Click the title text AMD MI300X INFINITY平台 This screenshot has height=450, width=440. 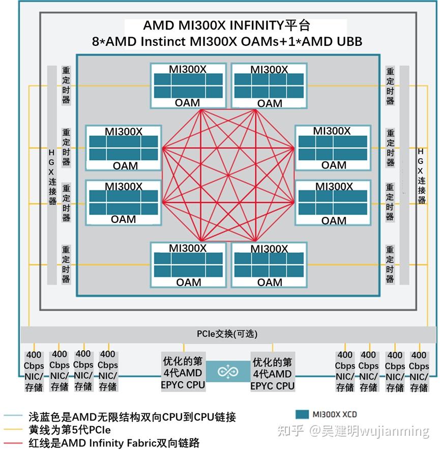tap(226, 25)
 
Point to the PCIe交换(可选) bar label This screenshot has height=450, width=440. tap(227, 334)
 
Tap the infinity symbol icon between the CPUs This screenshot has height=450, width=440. tap(228, 372)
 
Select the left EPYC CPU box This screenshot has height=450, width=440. tap(183, 373)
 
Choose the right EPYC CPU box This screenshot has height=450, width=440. tap(272, 374)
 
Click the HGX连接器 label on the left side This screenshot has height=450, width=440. tap(52, 177)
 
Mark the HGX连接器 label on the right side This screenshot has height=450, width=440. tap(421, 176)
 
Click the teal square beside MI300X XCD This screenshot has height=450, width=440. tap(302, 414)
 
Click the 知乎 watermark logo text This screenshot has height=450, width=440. tap(290, 431)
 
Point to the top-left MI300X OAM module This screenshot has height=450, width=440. tap(188, 85)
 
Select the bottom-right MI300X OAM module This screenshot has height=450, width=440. tap(269, 265)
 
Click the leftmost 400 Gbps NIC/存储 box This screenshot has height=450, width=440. tap(34, 371)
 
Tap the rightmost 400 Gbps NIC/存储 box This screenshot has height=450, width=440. tap(419, 371)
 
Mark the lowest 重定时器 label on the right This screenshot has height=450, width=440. tap(390, 264)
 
